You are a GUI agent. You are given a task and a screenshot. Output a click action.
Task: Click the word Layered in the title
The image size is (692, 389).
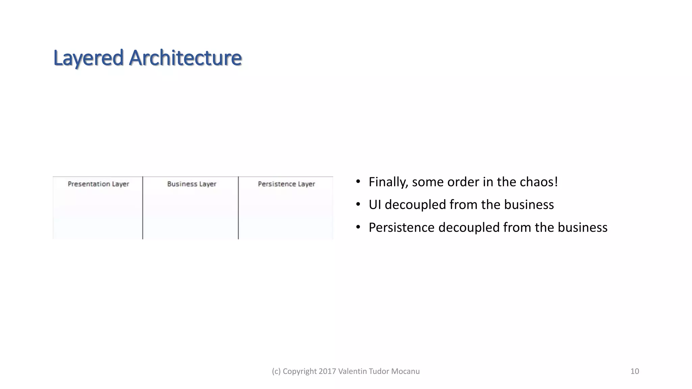tap(89, 58)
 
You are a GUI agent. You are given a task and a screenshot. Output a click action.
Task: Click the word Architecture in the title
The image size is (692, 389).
tap(186, 58)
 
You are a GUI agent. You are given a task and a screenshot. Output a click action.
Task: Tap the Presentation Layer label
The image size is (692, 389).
tap(98, 184)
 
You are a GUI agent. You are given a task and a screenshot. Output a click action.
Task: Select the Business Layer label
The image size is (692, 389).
tap(192, 184)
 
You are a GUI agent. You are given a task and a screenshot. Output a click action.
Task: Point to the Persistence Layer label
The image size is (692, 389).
tap(286, 184)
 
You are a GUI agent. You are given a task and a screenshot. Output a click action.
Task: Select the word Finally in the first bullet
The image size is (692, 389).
tap(388, 182)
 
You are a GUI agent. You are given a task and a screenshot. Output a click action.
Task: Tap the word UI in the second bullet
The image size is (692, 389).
tap(375, 205)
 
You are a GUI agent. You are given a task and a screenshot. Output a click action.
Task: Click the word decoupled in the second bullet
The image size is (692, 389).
tap(415, 205)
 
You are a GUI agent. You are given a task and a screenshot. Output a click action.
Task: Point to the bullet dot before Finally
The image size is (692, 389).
tap(358, 182)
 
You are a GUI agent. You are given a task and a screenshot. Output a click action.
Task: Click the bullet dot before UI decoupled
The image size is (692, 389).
tap(358, 205)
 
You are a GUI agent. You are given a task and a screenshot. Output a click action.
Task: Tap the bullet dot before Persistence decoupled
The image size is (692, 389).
tap(358, 227)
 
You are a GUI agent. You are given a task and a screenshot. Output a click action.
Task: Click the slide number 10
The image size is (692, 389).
tap(635, 371)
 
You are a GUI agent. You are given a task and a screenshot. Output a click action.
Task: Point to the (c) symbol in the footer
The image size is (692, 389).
tap(276, 371)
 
